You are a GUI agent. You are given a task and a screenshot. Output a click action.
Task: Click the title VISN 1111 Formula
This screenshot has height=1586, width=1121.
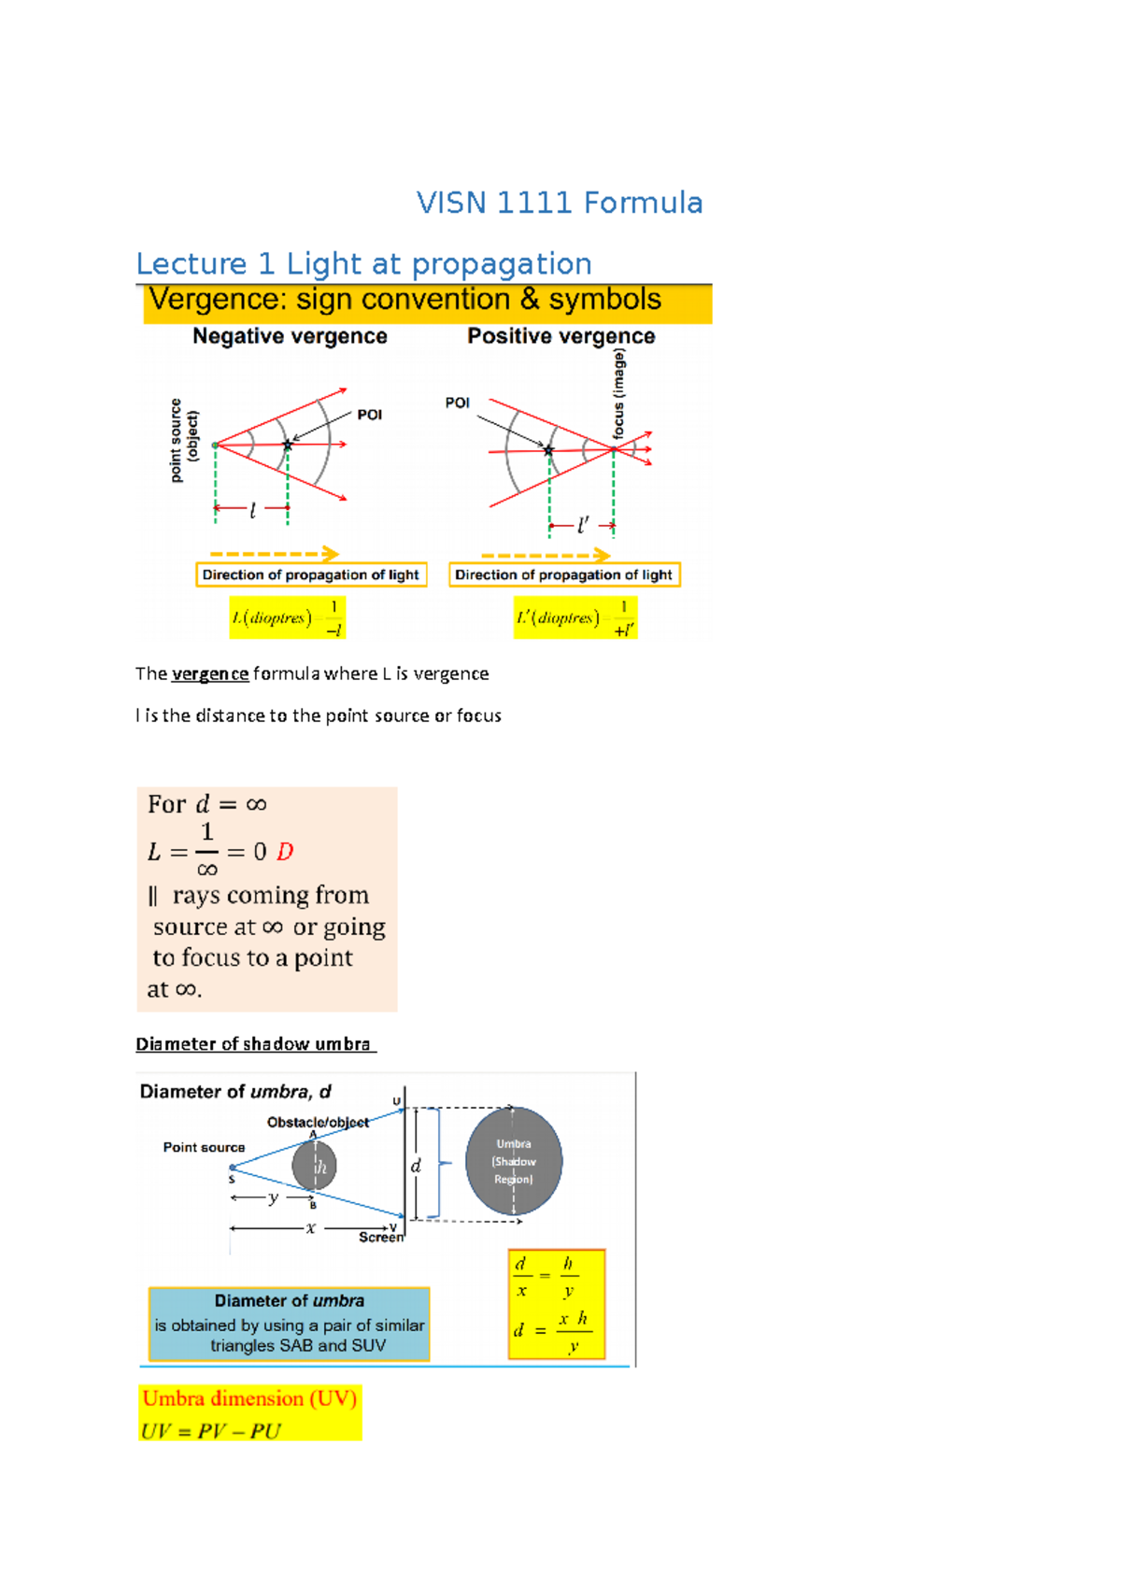click(x=559, y=203)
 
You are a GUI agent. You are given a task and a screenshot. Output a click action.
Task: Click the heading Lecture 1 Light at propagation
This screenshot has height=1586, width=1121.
click(x=363, y=263)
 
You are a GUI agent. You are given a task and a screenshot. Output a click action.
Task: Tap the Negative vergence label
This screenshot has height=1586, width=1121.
click(x=290, y=336)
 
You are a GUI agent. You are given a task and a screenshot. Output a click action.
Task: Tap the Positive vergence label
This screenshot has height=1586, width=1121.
click(x=560, y=336)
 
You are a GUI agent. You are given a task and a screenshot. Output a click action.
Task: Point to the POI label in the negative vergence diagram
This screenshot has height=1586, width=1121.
click(x=370, y=415)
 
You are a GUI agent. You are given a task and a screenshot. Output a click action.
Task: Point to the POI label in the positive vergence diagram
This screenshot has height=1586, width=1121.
click(x=457, y=403)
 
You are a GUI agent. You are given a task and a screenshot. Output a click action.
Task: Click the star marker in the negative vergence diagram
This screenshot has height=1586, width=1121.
click(x=288, y=446)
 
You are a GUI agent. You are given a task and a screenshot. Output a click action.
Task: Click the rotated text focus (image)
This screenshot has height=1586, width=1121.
click(x=618, y=393)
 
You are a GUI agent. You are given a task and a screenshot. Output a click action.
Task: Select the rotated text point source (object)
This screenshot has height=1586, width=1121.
click(x=184, y=440)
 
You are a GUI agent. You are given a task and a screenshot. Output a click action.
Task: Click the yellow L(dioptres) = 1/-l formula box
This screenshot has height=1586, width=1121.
click(x=288, y=617)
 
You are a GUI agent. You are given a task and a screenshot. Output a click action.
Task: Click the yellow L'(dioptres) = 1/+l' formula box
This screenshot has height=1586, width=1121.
click(x=575, y=617)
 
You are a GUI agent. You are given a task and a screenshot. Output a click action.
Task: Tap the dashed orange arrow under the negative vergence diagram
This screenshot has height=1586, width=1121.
click(x=273, y=553)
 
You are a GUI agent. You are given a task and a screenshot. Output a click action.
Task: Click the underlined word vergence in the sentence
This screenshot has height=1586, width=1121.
click(x=210, y=673)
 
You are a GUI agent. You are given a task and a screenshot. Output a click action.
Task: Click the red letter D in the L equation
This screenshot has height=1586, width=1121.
click(x=285, y=852)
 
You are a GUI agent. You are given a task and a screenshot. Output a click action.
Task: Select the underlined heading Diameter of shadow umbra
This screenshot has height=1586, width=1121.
click(x=254, y=1044)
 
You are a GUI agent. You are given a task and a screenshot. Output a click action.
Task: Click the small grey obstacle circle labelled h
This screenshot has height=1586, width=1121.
click(x=314, y=1166)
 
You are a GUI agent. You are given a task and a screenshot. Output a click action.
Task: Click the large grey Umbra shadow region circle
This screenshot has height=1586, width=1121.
click(x=514, y=1161)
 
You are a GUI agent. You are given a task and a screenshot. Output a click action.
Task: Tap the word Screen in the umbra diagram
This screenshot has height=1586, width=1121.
click(x=381, y=1237)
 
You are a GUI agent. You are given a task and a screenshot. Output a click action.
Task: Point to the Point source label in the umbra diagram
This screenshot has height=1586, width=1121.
click(x=204, y=1147)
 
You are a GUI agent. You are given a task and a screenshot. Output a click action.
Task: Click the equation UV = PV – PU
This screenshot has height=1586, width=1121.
click(x=211, y=1431)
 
